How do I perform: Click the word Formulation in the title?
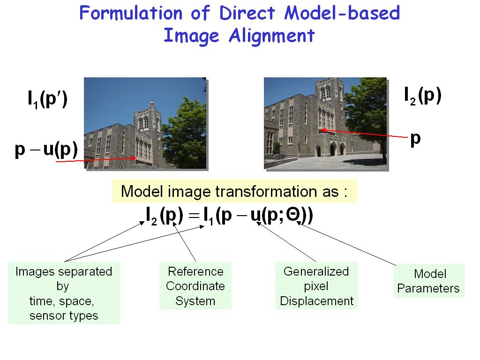tap(131, 13)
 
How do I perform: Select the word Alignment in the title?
tap(272, 36)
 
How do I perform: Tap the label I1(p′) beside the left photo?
tap(47, 99)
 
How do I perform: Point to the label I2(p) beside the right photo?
tap(423, 96)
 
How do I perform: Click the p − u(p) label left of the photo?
tap(46, 150)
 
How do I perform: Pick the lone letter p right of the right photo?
tap(415, 139)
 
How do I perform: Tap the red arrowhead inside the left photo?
tap(133, 158)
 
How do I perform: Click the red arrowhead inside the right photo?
tap(322, 130)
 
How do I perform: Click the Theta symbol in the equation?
tap(293, 215)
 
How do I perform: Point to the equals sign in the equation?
tap(194, 216)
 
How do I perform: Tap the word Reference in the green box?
tap(195, 271)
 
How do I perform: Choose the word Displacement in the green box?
tap(316, 301)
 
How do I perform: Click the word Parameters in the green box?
tap(428, 289)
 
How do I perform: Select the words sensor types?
tap(64, 316)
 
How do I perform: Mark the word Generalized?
tap(316, 271)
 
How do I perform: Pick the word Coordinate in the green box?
tap(195, 286)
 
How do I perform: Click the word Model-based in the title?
tap(342, 13)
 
